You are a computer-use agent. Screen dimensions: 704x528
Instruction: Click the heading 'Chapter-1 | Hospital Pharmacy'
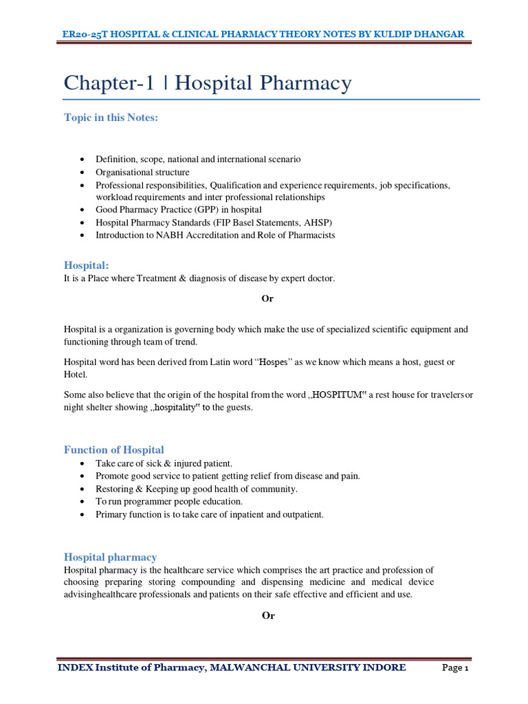click(208, 84)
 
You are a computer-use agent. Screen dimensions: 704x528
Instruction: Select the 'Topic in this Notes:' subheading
click(111, 118)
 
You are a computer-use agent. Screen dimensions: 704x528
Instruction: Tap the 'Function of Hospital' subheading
click(114, 450)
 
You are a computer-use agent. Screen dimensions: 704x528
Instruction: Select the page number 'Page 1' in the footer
click(454, 668)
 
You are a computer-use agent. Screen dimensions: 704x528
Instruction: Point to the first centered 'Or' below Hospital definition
click(268, 298)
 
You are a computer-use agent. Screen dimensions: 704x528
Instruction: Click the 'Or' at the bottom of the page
click(268, 615)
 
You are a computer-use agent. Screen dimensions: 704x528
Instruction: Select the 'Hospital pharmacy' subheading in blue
click(110, 557)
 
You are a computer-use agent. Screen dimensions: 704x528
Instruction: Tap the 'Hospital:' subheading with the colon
click(87, 265)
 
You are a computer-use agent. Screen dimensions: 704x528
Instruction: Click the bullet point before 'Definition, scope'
click(82, 159)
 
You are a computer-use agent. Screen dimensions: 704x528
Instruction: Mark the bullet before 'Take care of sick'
click(82, 464)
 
